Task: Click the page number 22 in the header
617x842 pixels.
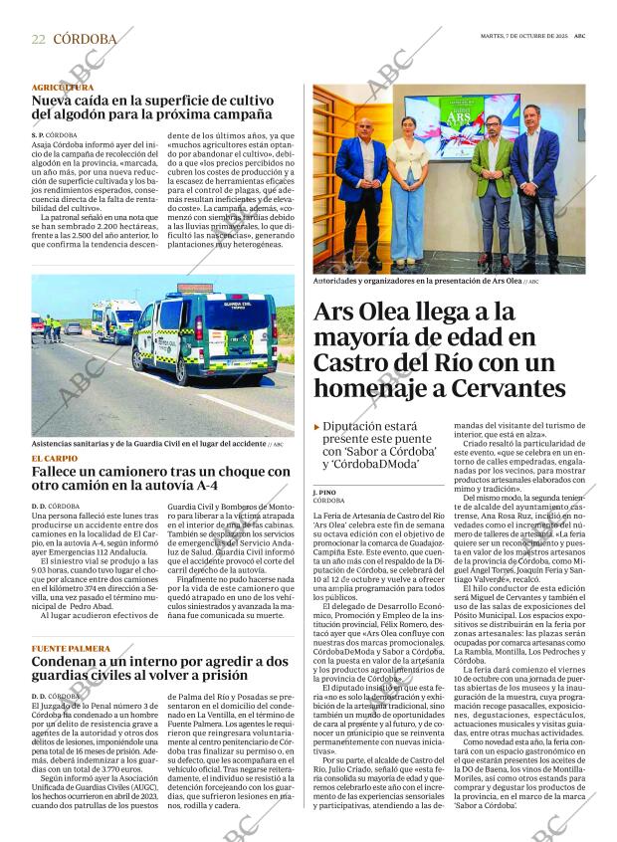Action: coord(38,39)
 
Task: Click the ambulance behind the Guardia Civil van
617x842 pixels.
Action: coord(114,320)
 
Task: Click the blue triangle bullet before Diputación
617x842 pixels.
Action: coord(317,426)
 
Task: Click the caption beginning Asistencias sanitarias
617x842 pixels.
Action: coord(149,443)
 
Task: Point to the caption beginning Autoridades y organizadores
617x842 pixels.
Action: coord(418,282)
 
